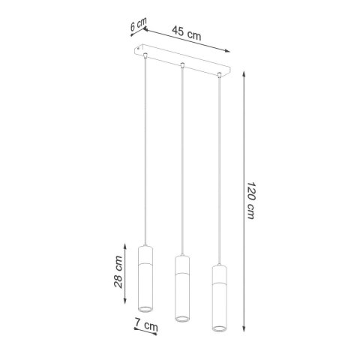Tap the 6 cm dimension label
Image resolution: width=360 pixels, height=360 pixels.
click(137, 25)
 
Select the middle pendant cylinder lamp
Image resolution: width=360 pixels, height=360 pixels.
click(181, 289)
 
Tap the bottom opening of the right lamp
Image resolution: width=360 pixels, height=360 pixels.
click(220, 329)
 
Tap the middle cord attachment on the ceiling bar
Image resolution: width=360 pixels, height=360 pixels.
click(181, 65)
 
